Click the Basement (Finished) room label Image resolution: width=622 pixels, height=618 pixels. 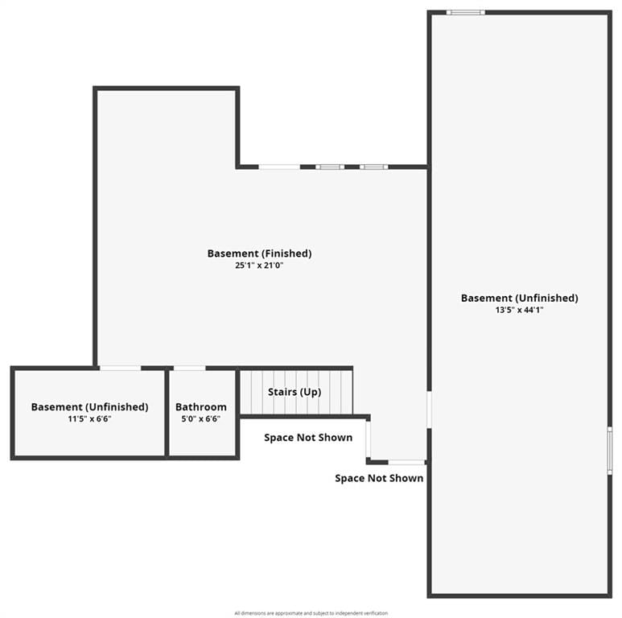click(x=259, y=253)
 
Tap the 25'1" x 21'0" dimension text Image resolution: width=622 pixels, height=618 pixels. click(x=259, y=266)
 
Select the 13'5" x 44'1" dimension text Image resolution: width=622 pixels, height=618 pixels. click(x=519, y=310)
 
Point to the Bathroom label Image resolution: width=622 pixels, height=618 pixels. click(x=201, y=407)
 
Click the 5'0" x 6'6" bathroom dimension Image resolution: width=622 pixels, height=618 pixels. click(x=201, y=418)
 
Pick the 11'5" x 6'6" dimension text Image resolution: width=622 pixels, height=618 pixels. click(x=89, y=418)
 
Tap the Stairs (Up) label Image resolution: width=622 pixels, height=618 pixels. click(x=295, y=392)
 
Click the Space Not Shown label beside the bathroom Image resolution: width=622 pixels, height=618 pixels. click(x=308, y=438)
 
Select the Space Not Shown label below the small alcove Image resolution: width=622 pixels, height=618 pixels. click(x=379, y=478)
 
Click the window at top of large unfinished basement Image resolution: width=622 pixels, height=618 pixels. click(x=466, y=12)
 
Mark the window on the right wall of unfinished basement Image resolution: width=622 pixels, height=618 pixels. click(x=610, y=450)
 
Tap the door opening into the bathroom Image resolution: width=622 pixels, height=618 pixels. click(x=190, y=368)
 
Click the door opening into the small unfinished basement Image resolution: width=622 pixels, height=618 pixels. click(x=120, y=368)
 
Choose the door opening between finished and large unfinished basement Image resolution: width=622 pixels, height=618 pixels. click(x=429, y=410)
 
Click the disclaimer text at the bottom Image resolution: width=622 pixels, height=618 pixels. click(x=311, y=613)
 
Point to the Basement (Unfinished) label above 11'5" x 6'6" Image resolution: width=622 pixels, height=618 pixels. click(x=89, y=407)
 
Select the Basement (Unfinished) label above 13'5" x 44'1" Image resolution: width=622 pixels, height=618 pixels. click(x=519, y=299)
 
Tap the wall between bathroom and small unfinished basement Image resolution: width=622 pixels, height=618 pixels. click(x=167, y=413)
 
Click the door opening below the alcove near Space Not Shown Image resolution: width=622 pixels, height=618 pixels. click(x=406, y=462)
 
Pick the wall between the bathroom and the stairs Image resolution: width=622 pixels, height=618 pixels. click(x=237, y=413)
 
